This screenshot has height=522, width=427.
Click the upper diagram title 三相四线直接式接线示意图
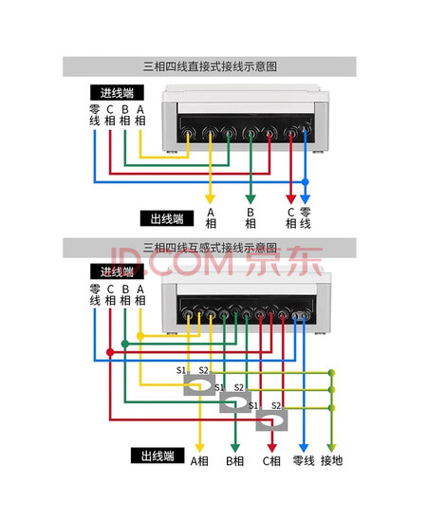pos(210,66)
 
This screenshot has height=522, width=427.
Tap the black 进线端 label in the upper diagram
pos(117,93)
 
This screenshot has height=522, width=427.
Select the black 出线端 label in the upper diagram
pos(167,218)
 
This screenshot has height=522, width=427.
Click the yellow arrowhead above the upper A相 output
pos(210,199)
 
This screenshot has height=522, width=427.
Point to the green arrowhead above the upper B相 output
pos(251,199)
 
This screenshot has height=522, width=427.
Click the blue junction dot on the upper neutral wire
pos(305,182)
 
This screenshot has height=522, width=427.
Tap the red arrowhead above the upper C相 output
pos(291,199)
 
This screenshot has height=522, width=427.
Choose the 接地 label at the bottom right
pos(331,460)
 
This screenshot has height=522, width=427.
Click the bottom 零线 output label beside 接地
pos(304,460)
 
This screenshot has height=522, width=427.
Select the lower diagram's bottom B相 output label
pos(235,461)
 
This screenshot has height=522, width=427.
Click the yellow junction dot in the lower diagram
pos(140,336)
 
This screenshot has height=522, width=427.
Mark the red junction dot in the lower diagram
pos(110,352)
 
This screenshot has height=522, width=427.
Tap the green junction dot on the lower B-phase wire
pos(125,344)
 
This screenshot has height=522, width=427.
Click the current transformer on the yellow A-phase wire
pos(199,383)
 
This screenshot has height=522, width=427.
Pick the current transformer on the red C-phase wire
pos(271,419)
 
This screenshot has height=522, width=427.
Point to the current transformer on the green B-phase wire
pos(235,401)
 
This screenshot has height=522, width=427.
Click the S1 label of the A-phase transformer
pos(181,370)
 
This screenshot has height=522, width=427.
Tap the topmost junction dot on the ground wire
pos(331,373)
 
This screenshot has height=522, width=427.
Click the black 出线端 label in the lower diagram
pos(158,456)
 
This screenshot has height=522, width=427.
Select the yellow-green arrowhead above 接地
pos(331,448)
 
